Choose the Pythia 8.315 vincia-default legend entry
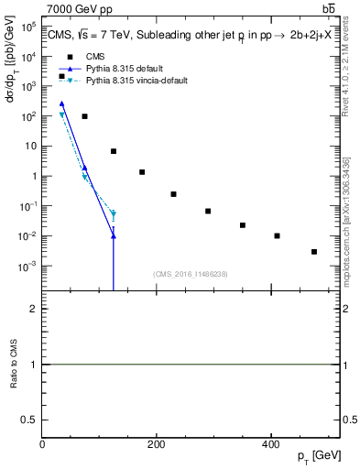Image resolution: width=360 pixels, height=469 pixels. (x=136, y=81)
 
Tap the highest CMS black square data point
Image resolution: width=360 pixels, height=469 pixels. (x=61, y=76)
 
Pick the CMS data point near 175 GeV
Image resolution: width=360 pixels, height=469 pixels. (x=142, y=172)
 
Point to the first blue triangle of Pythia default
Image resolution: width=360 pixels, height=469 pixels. (x=61, y=104)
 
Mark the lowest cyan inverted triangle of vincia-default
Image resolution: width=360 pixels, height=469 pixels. (x=114, y=215)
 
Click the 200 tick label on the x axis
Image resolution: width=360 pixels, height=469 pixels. (x=157, y=444)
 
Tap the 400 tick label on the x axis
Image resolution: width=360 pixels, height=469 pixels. (x=270, y=444)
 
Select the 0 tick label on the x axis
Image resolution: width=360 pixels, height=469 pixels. (x=42, y=444)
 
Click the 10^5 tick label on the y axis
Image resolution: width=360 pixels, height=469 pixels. (x=27, y=27)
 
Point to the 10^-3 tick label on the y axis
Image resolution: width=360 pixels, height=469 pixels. (x=27, y=266)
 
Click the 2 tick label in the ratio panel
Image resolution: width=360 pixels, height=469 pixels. (x=33, y=309)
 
